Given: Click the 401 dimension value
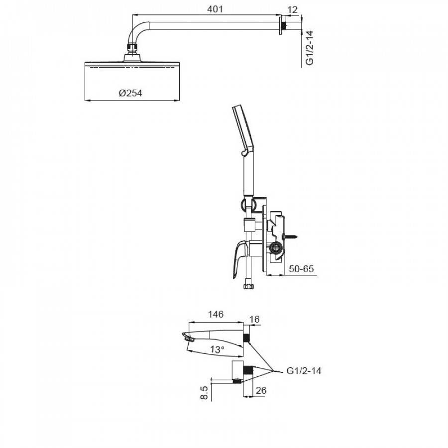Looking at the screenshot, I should [x=215, y=9].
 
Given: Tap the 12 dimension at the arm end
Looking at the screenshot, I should [x=292, y=9].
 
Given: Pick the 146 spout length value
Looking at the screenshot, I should [x=216, y=314].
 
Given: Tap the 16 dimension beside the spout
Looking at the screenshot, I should [x=254, y=319].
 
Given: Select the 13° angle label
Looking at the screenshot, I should [x=217, y=350].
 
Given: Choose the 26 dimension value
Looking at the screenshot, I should [x=261, y=391].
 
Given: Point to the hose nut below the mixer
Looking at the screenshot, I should [x=247, y=287].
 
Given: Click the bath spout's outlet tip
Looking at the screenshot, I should [x=187, y=338].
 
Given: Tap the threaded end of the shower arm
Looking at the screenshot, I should [x=283, y=23].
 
